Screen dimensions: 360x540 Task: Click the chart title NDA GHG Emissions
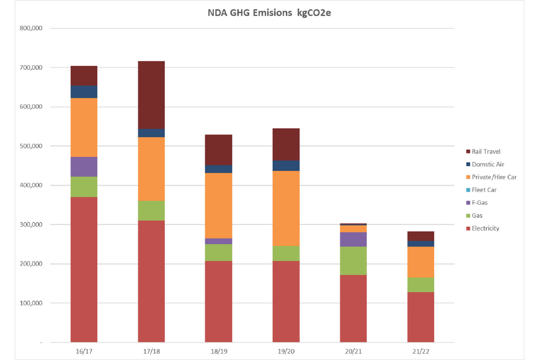(x=270, y=12)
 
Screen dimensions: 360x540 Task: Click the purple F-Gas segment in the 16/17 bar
(x=84, y=166)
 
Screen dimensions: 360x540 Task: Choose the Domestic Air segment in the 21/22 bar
(x=421, y=244)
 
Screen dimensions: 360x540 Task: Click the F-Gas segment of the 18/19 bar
(x=219, y=241)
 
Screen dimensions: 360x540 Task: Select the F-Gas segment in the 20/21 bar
(x=354, y=239)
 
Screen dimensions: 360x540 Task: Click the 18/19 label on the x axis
(x=219, y=351)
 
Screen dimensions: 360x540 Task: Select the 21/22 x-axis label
(x=421, y=351)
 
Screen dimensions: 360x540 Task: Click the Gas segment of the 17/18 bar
(x=151, y=210)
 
